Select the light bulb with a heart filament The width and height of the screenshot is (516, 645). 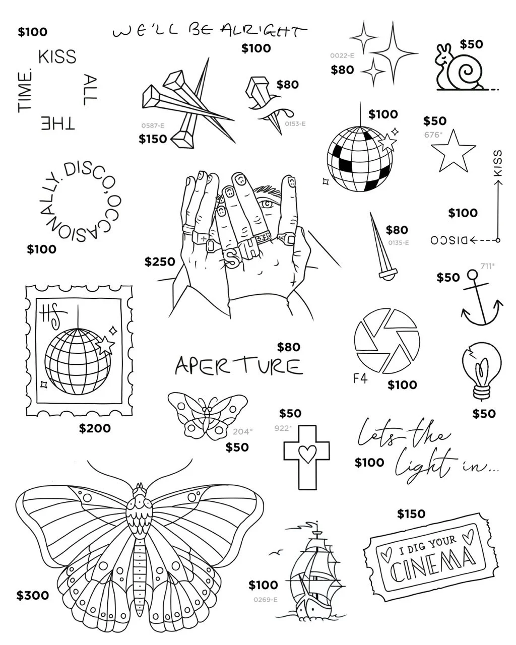(x=481, y=370)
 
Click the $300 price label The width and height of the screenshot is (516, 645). (x=33, y=595)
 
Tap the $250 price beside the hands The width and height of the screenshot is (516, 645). (x=160, y=262)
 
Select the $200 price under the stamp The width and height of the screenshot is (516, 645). (x=95, y=428)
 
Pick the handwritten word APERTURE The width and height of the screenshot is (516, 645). (x=238, y=366)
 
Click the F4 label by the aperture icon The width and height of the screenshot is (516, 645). (x=360, y=378)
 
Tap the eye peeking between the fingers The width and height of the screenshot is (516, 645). (x=266, y=203)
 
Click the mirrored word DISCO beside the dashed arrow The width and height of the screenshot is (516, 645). (x=449, y=240)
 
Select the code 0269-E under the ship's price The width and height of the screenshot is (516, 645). (x=266, y=600)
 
